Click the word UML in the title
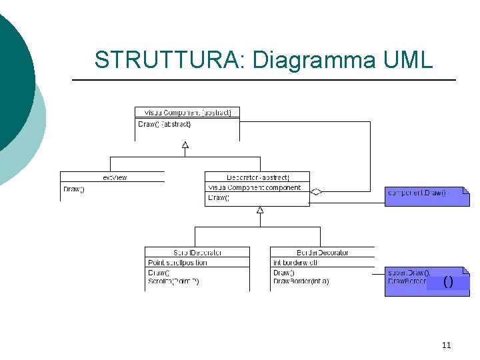(408, 60)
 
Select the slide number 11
(446, 345)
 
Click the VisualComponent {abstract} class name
(187, 113)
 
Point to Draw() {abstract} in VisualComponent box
(165, 124)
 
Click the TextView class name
(114, 177)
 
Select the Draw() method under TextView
(73, 189)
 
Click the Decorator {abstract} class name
(257, 177)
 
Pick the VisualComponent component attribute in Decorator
(254, 188)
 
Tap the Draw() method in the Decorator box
(219, 198)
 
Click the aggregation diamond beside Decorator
(316, 192)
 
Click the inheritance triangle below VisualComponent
(185, 144)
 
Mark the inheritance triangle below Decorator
(260, 210)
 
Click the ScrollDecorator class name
(197, 253)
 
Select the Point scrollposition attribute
(177, 263)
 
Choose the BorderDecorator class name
(323, 253)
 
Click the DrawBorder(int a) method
(301, 281)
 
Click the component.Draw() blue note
(418, 193)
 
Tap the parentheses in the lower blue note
(448, 282)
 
